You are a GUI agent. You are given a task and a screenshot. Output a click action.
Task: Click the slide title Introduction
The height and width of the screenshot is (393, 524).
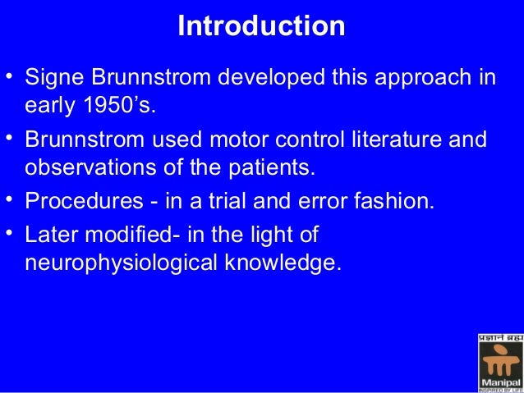(261, 26)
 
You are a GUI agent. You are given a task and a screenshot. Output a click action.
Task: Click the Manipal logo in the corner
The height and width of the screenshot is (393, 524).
(499, 361)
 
